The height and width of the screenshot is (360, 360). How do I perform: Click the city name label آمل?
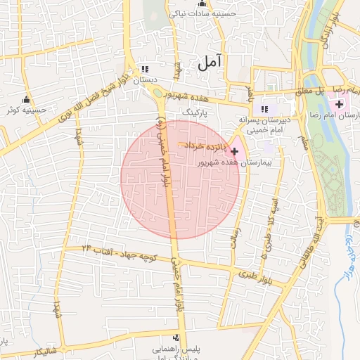(x=210, y=63)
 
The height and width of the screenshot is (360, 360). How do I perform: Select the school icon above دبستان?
(x=145, y=70)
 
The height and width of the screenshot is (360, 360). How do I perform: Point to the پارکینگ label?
(x=195, y=112)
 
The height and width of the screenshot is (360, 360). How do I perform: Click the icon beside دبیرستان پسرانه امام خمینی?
(x=264, y=109)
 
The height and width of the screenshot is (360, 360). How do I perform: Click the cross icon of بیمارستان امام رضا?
(x=340, y=104)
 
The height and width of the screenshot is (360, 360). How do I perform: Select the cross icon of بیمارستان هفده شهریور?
(x=234, y=150)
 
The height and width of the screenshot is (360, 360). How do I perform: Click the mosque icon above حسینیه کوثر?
(x=27, y=99)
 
